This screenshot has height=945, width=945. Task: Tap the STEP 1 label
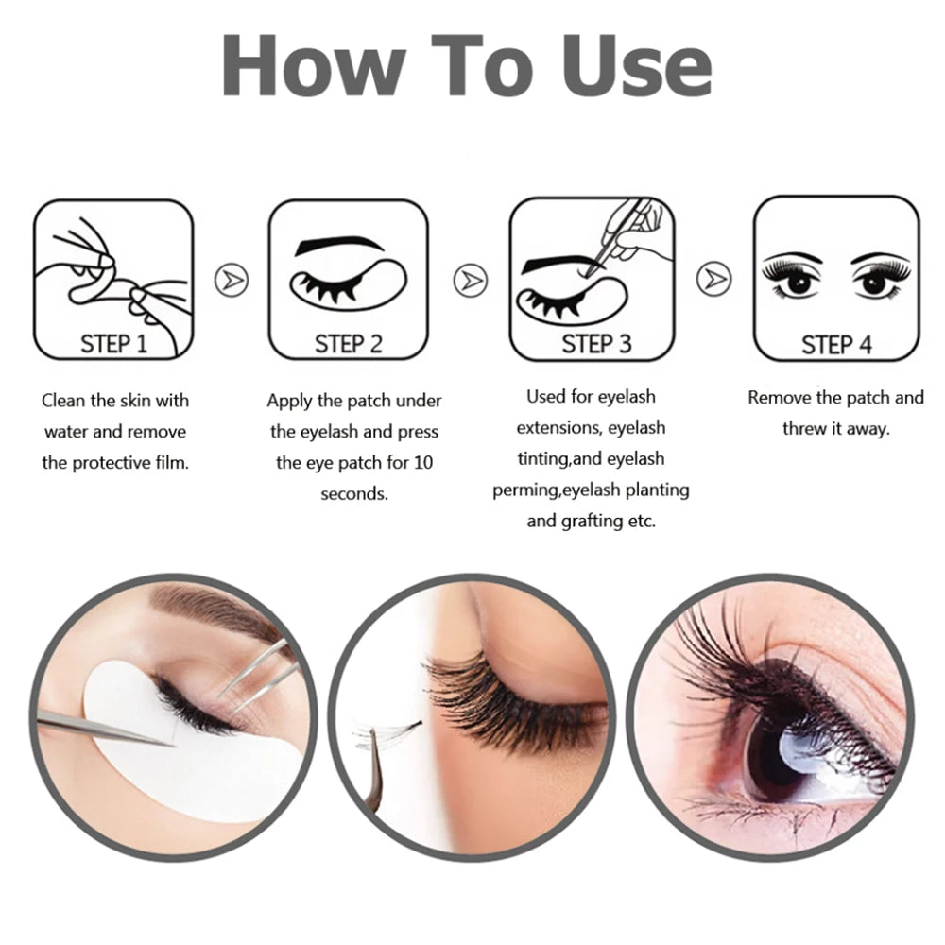pos(114,343)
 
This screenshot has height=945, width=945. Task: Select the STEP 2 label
pos(348,343)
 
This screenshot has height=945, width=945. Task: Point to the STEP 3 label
pos(596,343)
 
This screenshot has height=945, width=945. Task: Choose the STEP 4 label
pos(836,343)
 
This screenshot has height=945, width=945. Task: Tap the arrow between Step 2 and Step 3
pos(470,280)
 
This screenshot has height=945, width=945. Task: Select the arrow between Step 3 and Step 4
pos(713,280)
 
